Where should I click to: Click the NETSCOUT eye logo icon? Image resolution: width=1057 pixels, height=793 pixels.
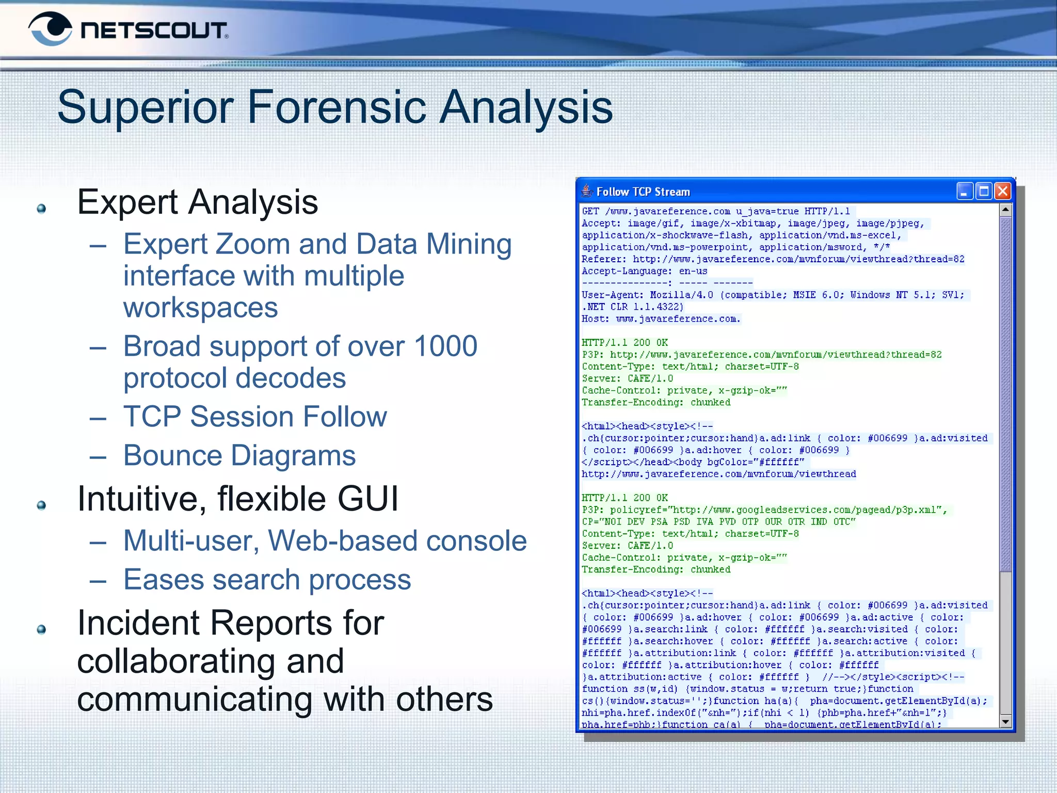(x=50, y=29)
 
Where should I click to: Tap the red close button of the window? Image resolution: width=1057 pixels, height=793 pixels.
(x=1002, y=192)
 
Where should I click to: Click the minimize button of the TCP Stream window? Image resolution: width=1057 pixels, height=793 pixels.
(x=964, y=192)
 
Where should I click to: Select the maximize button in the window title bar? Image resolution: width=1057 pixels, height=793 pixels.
(x=984, y=192)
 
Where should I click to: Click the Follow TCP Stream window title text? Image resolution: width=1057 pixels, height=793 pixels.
(x=643, y=192)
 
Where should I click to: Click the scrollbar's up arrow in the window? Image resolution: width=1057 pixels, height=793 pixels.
(x=1005, y=210)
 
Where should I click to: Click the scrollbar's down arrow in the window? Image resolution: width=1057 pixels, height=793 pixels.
(x=1005, y=721)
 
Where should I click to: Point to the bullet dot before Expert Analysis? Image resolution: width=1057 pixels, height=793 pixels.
(x=42, y=209)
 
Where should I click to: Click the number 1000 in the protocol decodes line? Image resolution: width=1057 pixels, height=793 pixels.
(x=445, y=346)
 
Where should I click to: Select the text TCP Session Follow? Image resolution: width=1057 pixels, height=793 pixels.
(x=255, y=417)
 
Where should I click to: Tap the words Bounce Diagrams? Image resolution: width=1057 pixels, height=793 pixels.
(x=239, y=456)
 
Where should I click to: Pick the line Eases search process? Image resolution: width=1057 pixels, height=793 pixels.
(x=267, y=580)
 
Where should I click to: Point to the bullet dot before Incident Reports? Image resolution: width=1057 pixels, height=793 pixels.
(x=42, y=629)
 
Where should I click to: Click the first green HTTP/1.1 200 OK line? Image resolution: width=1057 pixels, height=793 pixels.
(x=624, y=343)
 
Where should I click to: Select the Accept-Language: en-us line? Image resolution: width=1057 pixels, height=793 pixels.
(x=644, y=272)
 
